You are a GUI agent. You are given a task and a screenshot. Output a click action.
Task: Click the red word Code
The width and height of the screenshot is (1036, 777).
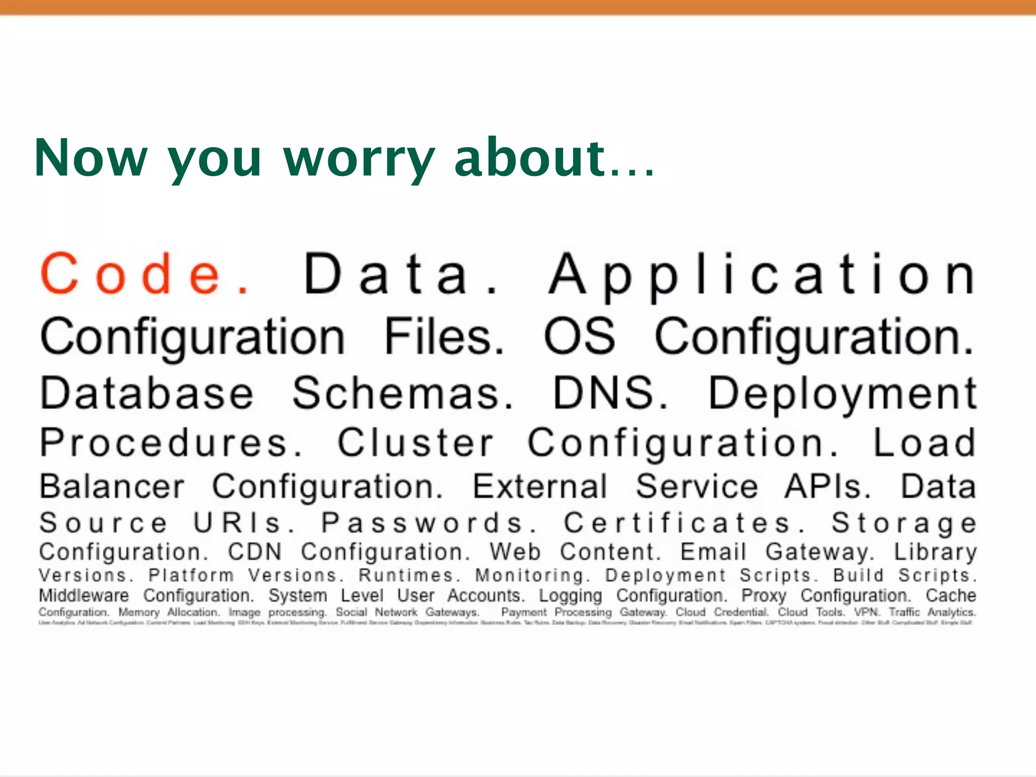click(144, 274)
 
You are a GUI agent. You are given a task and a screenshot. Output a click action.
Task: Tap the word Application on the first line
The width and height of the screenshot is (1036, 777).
click(762, 274)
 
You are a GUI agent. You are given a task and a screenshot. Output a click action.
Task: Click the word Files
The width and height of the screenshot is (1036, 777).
click(444, 336)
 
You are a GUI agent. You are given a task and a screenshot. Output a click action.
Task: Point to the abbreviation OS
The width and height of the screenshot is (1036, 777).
click(580, 336)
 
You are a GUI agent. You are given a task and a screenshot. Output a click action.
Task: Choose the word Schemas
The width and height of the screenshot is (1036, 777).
click(403, 393)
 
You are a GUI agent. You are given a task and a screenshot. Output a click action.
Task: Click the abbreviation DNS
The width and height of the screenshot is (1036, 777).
click(610, 393)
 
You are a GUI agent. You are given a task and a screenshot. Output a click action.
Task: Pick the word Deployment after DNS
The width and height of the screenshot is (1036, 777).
click(842, 394)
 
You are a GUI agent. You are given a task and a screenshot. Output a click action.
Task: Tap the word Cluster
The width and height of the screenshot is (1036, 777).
click(415, 443)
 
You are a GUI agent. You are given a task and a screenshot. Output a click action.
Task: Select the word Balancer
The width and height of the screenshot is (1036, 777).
click(112, 486)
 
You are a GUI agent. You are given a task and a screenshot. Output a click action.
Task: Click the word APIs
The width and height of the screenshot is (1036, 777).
click(828, 486)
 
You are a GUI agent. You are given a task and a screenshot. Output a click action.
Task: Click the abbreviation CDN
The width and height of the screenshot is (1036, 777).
click(254, 551)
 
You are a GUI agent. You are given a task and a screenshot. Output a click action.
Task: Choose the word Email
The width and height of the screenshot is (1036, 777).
click(713, 551)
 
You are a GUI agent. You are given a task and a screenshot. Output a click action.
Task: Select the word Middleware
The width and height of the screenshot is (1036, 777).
click(84, 595)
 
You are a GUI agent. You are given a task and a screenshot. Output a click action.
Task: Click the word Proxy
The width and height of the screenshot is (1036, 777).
click(764, 596)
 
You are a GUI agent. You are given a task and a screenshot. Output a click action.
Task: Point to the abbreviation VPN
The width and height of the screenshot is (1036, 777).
click(866, 612)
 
